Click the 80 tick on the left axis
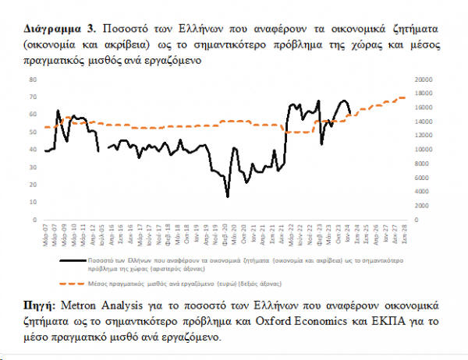33,79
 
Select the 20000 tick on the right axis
425,79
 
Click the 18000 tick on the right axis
425,94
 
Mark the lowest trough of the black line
228,196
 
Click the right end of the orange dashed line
406,97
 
